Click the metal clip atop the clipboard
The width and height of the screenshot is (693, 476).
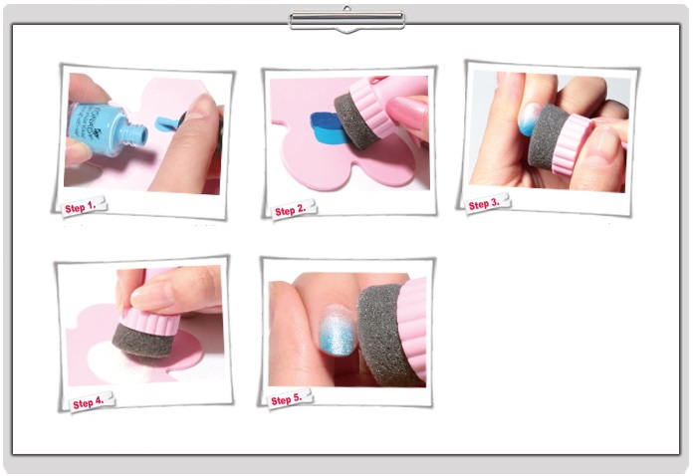tap(346, 20)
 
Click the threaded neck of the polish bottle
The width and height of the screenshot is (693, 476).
tap(136, 134)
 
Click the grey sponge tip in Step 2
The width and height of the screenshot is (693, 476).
tap(355, 121)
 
